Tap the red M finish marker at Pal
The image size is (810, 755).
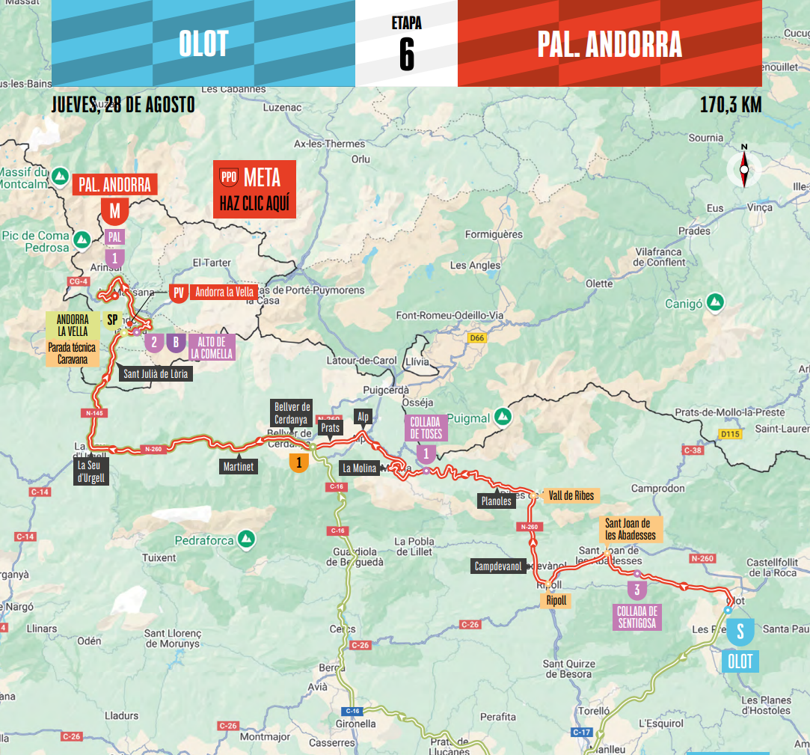point(114,212)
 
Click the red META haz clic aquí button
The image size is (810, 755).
point(254,189)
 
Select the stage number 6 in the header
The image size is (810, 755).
point(406,54)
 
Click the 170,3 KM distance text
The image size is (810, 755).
point(730,105)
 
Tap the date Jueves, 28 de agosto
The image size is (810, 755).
point(123,105)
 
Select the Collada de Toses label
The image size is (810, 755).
point(426,427)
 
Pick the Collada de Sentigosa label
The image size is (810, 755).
point(636,617)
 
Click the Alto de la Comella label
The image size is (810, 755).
point(212,347)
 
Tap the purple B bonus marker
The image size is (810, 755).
point(176,343)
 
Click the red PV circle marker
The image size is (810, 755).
point(178,293)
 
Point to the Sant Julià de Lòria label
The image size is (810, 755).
point(156,373)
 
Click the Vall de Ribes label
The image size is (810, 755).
point(571,496)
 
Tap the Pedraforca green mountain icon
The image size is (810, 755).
point(246,539)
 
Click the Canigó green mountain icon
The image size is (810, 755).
point(716,302)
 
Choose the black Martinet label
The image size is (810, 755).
point(239,467)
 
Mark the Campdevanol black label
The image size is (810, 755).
point(498,566)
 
